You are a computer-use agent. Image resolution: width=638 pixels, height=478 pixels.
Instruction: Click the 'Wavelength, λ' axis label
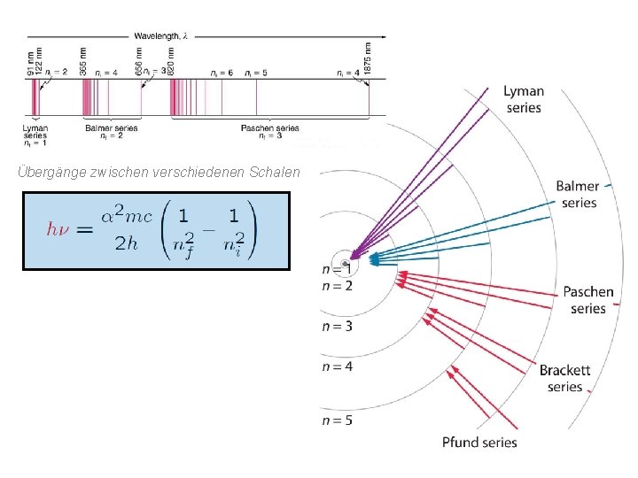pos(161,35)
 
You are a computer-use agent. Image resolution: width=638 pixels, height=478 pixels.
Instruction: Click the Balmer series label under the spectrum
pos(111,132)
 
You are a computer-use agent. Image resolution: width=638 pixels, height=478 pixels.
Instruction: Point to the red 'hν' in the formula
pos(58,228)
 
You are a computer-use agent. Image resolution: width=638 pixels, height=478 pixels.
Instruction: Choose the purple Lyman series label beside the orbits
pos(524,99)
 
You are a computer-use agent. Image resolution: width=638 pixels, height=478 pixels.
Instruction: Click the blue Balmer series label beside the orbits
pos(577,194)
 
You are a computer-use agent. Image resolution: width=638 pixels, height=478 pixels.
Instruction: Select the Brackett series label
pos(564,379)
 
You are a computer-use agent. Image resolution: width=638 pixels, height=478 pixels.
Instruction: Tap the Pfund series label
pos(479,442)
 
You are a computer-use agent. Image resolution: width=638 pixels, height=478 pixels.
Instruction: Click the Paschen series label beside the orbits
pos(587,300)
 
